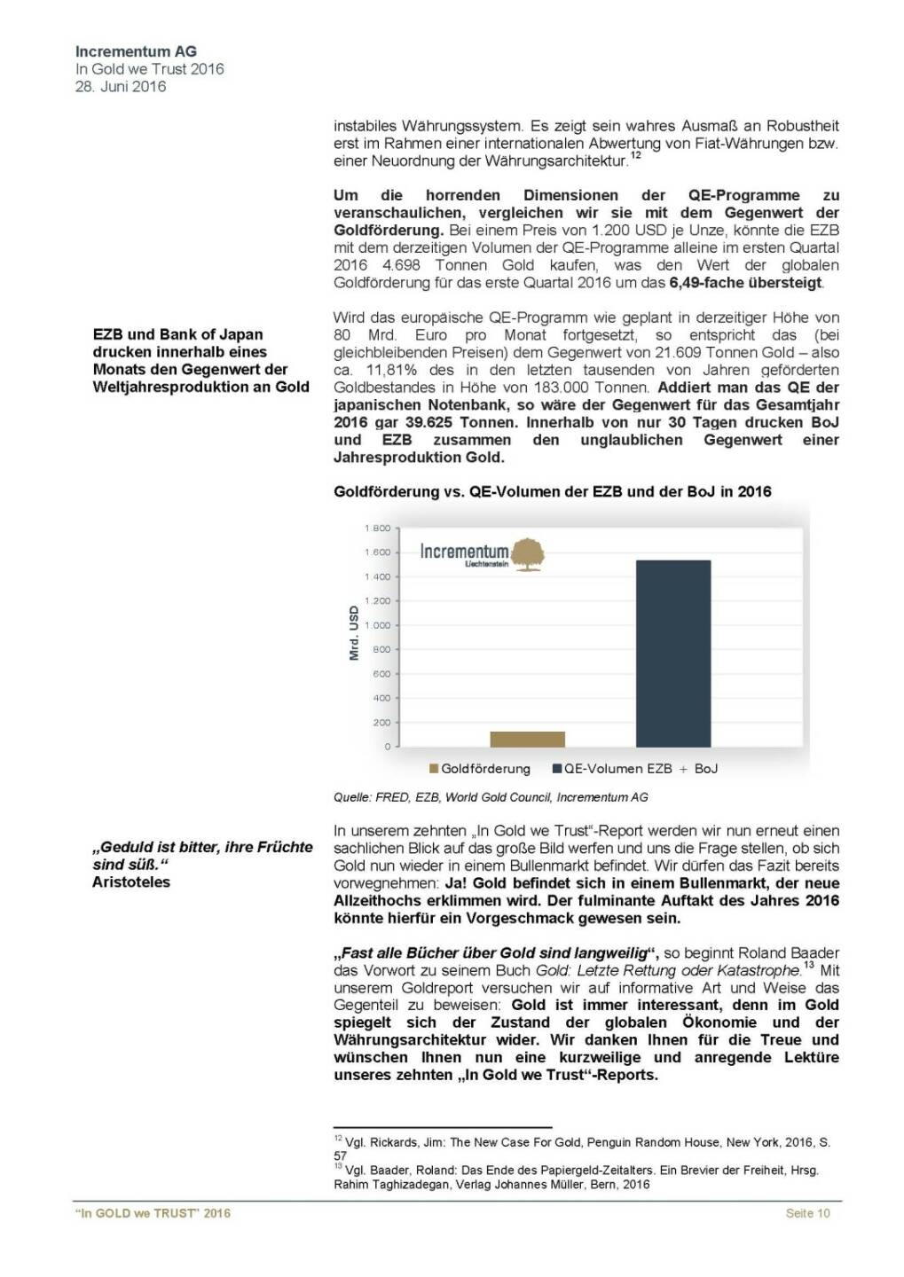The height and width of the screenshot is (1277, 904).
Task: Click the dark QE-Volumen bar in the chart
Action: tap(673, 653)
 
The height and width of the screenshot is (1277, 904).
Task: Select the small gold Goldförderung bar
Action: tap(527, 739)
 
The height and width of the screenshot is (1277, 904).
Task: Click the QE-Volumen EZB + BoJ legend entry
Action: tap(635, 769)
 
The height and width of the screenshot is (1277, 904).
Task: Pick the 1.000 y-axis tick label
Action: tap(377, 625)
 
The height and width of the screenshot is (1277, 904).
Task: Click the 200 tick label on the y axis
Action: tap(381, 723)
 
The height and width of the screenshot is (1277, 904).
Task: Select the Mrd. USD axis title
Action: tap(354, 633)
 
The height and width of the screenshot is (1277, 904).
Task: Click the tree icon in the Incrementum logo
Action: tap(529, 552)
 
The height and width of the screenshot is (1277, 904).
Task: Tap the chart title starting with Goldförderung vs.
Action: tap(552, 491)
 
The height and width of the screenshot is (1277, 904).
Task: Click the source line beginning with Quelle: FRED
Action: tap(491, 797)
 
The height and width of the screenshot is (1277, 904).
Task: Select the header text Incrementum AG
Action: tap(136, 51)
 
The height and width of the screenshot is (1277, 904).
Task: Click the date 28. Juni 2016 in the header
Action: tap(121, 86)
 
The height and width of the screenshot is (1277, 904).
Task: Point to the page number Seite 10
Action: tap(807, 1213)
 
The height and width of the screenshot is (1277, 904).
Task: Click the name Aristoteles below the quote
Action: tap(131, 882)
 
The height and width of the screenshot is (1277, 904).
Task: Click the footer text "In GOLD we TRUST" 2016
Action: tap(153, 1213)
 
